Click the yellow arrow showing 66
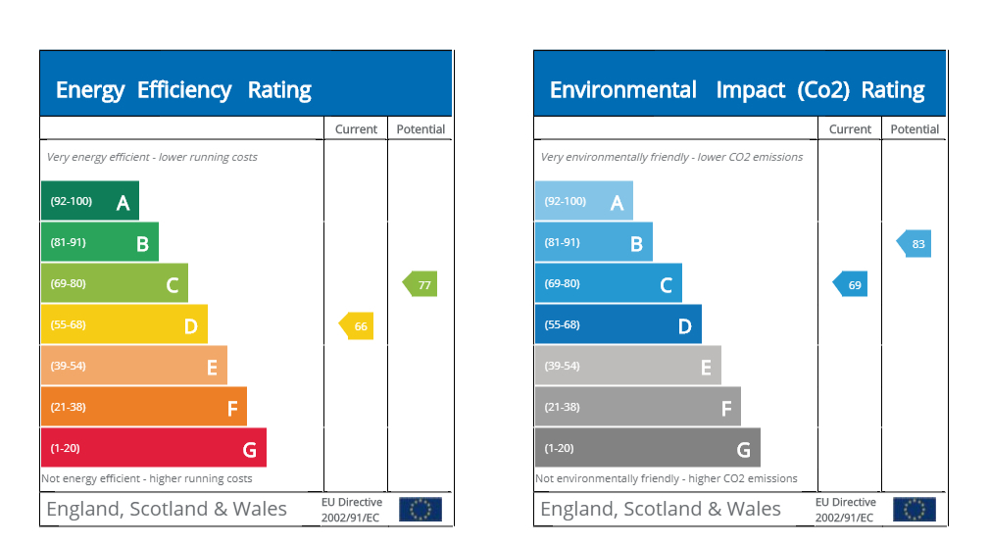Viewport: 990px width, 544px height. click(357, 325)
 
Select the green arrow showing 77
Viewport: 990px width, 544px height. click(421, 284)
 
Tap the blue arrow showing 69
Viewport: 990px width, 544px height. click(851, 284)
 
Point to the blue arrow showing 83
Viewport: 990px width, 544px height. click(915, 243)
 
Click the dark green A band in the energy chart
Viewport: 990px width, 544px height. click(89, 201)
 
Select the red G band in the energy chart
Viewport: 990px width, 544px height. click(153, 448)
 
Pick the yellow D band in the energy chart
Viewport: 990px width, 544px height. click(124, 324)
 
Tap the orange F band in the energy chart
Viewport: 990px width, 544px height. click(143, 407)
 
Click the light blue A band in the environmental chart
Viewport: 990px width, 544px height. click(583, 201)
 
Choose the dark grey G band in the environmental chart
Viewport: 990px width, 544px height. click(647, 448)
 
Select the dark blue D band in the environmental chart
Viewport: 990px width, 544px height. click(618, 324)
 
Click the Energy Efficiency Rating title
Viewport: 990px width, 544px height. click(183, 90)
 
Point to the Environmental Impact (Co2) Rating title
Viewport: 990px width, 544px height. click(737, 90)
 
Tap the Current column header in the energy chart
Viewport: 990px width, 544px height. click(356, 129)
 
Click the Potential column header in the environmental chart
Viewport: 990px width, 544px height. click(915, 129)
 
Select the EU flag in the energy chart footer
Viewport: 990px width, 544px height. click(421, 510)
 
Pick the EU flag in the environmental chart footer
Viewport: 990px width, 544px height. click(915, 510)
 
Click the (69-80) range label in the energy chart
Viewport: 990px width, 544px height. click(69, 283)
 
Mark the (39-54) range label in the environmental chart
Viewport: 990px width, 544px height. click(563, 366)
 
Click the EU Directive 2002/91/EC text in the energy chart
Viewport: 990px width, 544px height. click(352, 510)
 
